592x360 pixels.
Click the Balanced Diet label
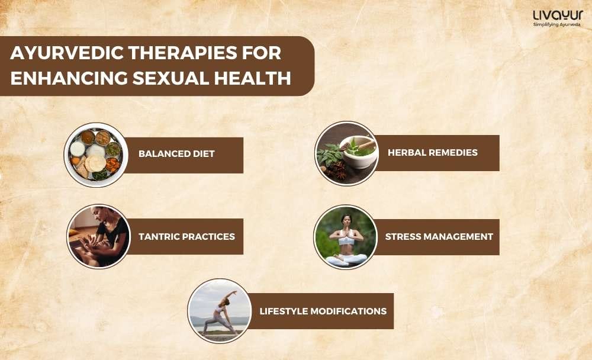176,154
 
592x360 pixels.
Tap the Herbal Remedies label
432,153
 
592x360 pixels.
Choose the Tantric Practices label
186,236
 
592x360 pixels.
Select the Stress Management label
439,236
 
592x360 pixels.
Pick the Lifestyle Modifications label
323,311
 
